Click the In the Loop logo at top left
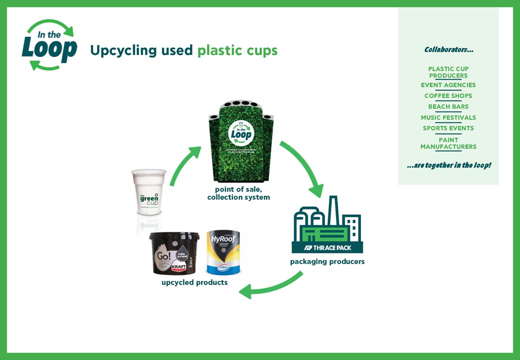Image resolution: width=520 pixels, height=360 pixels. [49, 45]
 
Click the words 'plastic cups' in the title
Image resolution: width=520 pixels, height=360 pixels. [237, 50]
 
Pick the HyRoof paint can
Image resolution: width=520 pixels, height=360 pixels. [223, 252]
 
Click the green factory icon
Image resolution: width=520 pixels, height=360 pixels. [327, 220]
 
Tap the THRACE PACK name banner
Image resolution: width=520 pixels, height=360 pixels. [327, 247]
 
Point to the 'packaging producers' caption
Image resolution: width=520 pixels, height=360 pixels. [327, 261]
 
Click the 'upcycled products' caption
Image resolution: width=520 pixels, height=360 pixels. [194, 282]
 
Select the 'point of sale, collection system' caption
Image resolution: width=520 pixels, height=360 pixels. [238, 193]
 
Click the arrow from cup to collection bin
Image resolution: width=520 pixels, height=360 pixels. [186, 165]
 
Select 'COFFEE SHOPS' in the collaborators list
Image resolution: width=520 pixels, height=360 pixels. [448, 96]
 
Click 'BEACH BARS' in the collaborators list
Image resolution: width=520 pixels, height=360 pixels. [448, 106]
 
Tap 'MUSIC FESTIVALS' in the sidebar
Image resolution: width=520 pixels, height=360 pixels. [448, 117]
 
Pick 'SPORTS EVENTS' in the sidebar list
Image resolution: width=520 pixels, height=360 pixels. [448, 128]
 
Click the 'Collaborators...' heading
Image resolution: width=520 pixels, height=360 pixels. [448, 49]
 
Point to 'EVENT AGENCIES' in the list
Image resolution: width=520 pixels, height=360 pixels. [448, 85]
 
